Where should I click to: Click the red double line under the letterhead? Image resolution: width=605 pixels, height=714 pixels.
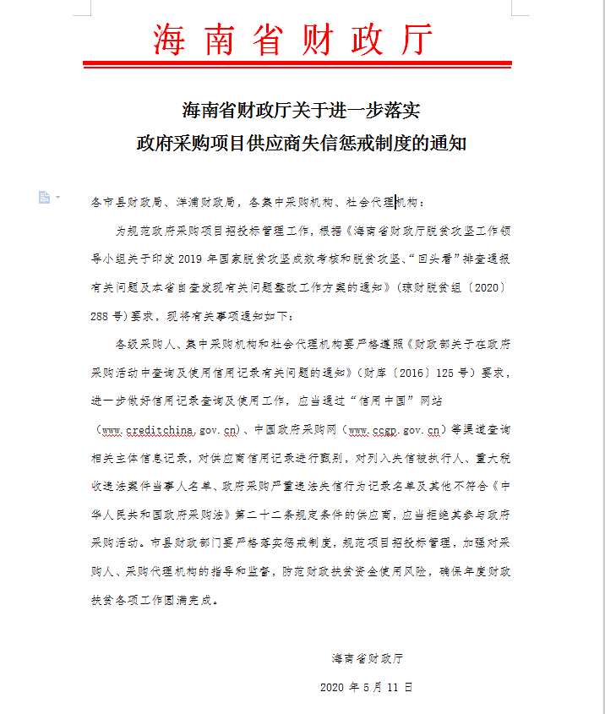[297, 64]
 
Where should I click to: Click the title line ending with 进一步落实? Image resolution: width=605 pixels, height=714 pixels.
[302, 110]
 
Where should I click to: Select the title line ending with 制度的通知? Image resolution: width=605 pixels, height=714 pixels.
[302, 143]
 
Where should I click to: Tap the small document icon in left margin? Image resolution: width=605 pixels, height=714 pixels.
[44, 197]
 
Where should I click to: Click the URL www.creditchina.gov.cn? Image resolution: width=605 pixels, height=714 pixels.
[168, 430]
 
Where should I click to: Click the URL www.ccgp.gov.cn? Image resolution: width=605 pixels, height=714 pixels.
[397, 430]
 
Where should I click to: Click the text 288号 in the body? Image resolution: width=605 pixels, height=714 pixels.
[107, 316]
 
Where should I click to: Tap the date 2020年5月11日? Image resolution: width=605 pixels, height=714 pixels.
[367, 687]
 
